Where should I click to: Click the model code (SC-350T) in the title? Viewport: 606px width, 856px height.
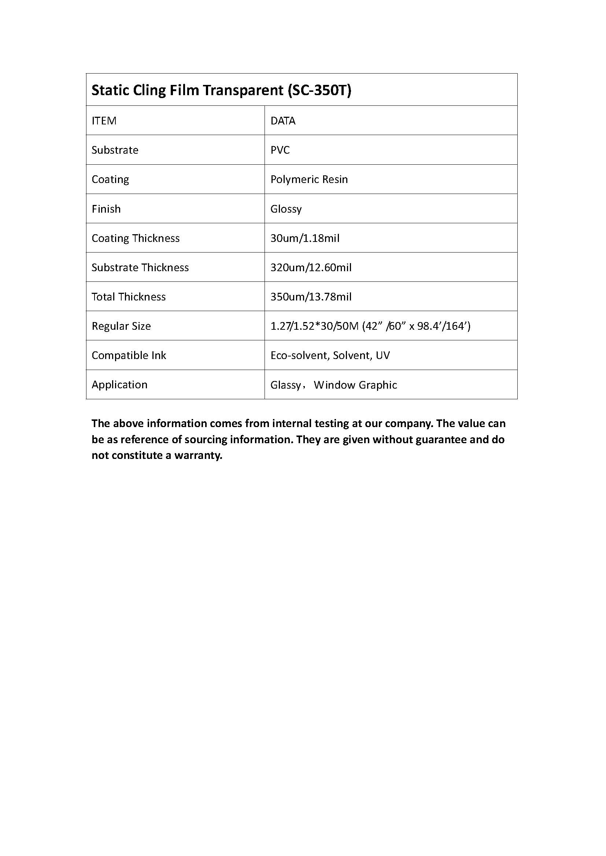[x=319, y=90]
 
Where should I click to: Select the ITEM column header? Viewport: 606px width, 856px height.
[x=104, y=121]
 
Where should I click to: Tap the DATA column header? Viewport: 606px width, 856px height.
[x=283, y=121]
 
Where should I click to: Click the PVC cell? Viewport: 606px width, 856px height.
[x=280, y=150]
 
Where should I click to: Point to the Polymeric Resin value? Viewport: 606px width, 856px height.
[x=309, y=179]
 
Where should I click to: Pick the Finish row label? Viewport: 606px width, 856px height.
[x=106, y=209]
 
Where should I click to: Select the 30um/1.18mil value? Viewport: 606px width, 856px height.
[x=305, y=238]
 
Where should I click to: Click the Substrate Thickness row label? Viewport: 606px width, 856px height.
[x=140, y=267]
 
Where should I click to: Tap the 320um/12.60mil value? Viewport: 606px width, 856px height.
[x=311, y=267]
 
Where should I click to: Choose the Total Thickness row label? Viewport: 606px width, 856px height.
[x=129, y=297]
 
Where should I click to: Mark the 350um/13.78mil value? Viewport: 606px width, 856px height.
[x=311, y=297]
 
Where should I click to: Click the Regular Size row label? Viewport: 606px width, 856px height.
[x=121, y=326]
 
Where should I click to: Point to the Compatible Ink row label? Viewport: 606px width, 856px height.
[x=129, y=355]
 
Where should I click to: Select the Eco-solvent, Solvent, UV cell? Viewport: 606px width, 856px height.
[x=330, y=355]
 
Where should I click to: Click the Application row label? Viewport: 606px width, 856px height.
[x=119, y=385]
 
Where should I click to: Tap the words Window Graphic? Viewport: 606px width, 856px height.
[x=355, y=385]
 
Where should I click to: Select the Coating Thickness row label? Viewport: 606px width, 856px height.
[x=136, y=238]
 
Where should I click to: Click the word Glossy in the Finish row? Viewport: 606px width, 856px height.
[x=286, y=209]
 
